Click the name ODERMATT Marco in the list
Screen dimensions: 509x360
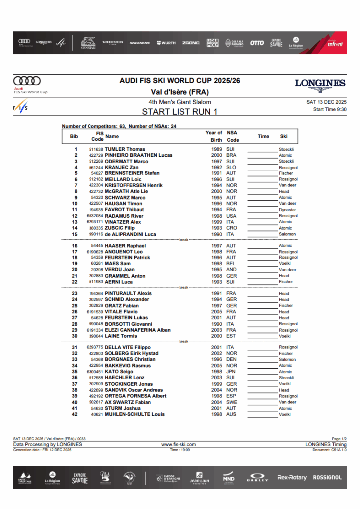point(126,161)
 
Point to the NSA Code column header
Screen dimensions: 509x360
point(232,136)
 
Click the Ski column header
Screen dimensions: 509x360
point(284,136)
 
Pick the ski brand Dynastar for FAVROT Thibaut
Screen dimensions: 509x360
point(287,210)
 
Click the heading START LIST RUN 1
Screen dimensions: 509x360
point(180,112)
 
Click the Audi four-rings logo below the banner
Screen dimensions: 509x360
point(27,81)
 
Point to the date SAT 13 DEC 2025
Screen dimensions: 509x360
point(327,102)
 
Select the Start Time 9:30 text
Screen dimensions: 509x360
point(330,109)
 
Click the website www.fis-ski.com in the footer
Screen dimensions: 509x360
point(179,444)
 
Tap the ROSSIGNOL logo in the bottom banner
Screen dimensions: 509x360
point(327,478)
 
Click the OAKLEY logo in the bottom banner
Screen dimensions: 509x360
point(258,478)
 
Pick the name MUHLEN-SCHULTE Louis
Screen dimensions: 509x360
point(135,414)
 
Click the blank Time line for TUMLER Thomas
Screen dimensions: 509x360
point(263,150)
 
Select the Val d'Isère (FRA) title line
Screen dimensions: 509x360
point(180,92)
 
